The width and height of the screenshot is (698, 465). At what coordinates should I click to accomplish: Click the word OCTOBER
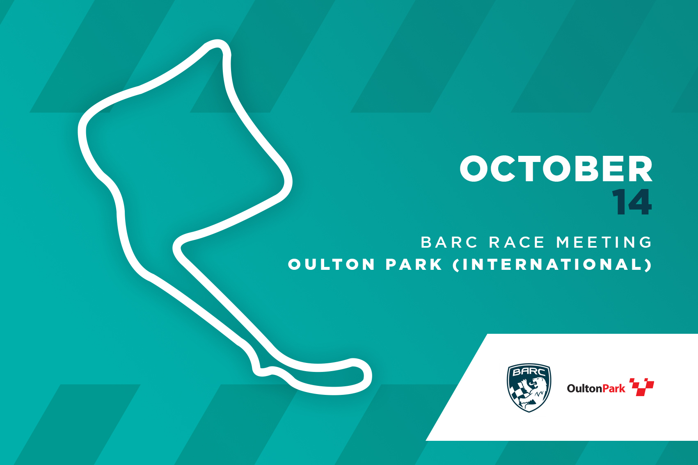[556, 169]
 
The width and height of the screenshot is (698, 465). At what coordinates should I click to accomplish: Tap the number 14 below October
[632, 202]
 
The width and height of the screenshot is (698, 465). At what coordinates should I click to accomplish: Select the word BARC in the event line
[449, 242]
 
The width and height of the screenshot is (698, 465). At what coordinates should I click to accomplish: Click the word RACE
[517, 242]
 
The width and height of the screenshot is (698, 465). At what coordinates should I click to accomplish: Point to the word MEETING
[604, 242]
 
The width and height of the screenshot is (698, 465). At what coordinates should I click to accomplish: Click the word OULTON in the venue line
[332, 264]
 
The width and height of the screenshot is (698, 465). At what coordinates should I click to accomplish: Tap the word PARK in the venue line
[414, 264]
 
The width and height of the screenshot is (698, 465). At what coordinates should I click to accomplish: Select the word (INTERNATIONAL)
[552, 265]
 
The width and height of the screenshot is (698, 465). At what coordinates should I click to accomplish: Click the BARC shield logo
[529, 387]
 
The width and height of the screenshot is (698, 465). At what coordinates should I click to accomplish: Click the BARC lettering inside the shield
[529, 372]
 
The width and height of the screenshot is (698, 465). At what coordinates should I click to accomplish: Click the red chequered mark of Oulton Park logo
[642, 387]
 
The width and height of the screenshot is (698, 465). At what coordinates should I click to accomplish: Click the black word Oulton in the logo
[585, 388]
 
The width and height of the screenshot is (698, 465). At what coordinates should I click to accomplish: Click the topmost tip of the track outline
[217, 40]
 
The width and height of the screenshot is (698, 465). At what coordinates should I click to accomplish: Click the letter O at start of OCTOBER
[474, 169]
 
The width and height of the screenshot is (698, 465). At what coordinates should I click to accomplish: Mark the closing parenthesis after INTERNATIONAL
[648, 265]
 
